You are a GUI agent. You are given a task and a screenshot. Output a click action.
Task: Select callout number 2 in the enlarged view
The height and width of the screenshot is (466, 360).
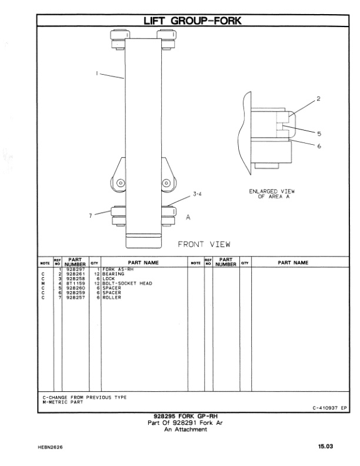coord(318,99)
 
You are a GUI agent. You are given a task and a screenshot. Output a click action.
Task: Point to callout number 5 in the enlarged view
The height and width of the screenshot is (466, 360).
coord(318,133)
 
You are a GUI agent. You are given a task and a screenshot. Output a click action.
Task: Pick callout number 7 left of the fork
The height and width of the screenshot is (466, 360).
coord(91,215)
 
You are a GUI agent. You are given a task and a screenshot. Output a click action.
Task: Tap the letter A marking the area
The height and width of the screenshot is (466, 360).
coord(188,217)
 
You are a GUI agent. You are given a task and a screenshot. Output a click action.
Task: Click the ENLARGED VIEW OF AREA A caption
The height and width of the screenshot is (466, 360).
coord(271,194)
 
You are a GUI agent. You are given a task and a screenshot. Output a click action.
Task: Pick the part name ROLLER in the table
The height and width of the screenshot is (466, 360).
coord(112,297)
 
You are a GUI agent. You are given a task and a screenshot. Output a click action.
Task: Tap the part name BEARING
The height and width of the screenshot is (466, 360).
coord(113,274)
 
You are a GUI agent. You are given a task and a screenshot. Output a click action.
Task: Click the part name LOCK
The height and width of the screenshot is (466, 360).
coord(109,278)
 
